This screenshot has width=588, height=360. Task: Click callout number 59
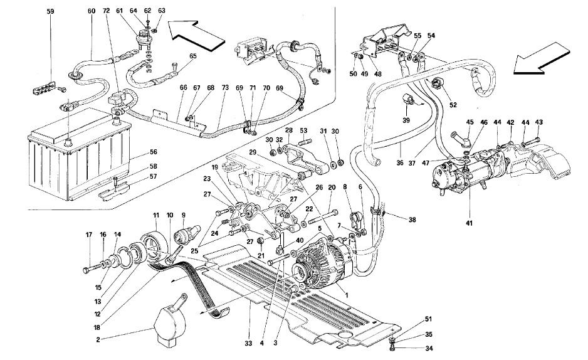coord(50,11)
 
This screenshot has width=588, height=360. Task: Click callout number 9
coord(184,215)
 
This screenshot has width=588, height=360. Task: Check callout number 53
coord(304,130)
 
